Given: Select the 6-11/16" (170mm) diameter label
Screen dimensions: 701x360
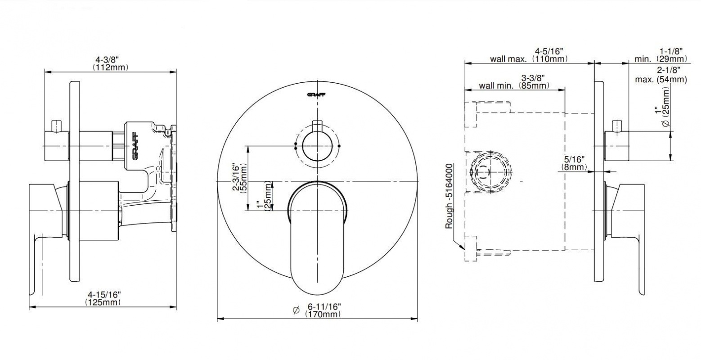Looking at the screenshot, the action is pyautogui.click(x=323, y=310).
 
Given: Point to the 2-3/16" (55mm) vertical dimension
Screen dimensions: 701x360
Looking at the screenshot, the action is pyautogui.click(x=240, y=179).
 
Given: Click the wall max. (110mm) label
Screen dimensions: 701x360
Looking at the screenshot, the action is pyautogui.click(x=529, y=55).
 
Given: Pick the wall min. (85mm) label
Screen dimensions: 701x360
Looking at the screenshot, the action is pyautogui.click(x=514, y=81).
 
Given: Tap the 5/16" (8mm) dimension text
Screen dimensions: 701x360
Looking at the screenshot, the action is pyautogui.click(x=574, y=163).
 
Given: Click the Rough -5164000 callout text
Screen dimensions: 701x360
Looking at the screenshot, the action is pyautogui.click(x=449, y=196).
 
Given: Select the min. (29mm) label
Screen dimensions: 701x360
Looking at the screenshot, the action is pyautogui.click(x=661, y=55).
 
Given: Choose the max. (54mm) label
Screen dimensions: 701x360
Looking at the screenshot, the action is pyautogui.click(x=661, y=75).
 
